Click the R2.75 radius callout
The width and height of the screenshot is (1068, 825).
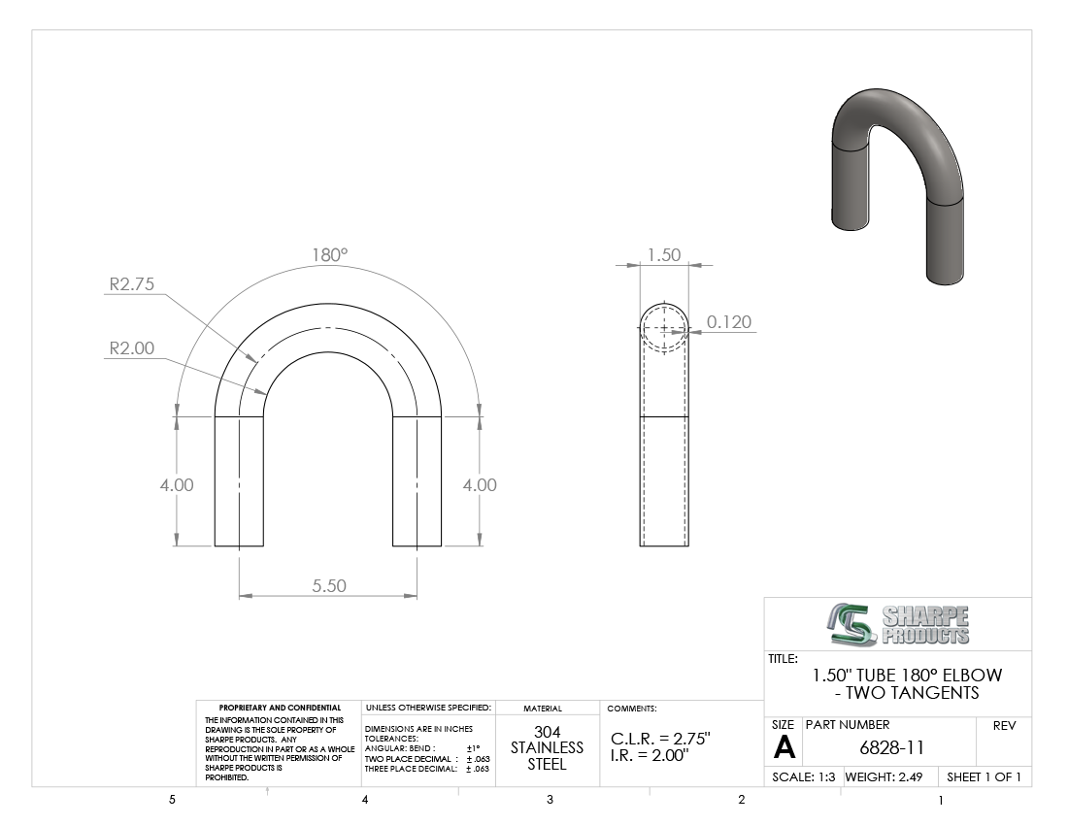click(x=132, y=283)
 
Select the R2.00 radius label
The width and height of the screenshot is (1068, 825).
click(x=132, y=347)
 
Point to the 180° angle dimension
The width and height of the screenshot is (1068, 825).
click(x=330, y=254)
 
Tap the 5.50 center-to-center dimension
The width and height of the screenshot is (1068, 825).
click(x=329, y=585)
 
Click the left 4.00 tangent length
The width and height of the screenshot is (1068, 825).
click(x=177, y=484)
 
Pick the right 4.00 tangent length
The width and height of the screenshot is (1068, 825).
click(x=480, y=484)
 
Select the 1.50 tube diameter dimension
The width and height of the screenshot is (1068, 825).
click(x=664, y=254)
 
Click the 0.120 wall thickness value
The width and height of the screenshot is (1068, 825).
click(x=729, y=321)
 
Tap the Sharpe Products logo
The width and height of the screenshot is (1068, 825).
click(x=898, y=624)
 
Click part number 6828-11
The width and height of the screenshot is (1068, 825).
click(x=891, y=747)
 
